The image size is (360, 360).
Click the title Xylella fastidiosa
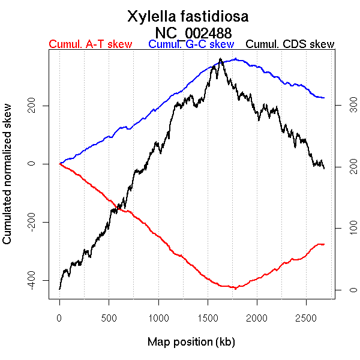click(188, 16)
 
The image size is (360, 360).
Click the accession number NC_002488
click(193, 32)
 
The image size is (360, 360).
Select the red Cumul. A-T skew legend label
click(90, 44)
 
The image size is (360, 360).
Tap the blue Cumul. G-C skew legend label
click(191, 44)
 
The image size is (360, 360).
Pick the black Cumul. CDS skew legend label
click(290, 44)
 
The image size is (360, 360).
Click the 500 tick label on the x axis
click(109, 316)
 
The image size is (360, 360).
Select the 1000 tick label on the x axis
click(158, 316)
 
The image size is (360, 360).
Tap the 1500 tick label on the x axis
click(208, 316)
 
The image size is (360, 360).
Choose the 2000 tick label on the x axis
click(257, 316)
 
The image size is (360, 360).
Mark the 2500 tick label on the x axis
click(306, 316)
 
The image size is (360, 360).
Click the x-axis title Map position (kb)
click(191, 342)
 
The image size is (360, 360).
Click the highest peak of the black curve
click(221, 59)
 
